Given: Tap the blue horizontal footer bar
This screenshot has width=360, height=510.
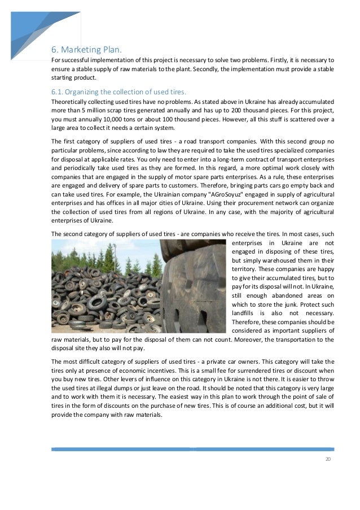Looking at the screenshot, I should pyautogui.click(x=192, y=450).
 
